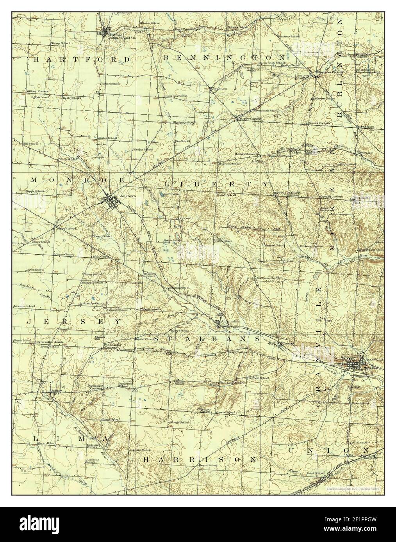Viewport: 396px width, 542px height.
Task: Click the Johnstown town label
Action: tap(126, 196)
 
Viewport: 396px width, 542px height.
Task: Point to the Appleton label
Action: tap(219, 89)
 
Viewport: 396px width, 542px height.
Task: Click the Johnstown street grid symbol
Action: tap(111, 202)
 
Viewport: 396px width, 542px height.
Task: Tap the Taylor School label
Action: tap(108, 138)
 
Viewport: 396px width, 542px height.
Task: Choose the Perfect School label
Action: tap(111, 83)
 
